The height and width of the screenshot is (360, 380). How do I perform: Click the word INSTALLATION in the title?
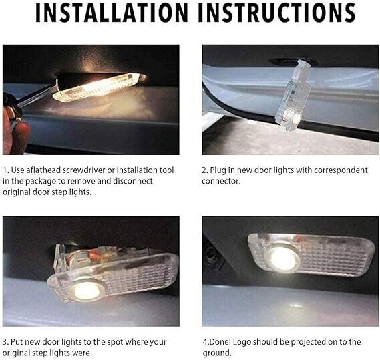tap(112, 13)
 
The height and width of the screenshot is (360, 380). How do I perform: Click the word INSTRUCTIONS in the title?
tap(277, 13)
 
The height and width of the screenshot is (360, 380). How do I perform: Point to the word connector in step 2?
tap(221, 181)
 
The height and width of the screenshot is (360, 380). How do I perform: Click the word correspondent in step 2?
tap(341, 170)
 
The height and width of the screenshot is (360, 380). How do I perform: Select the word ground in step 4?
tap(216, 353)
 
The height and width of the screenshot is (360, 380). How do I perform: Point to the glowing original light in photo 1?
tap(100, 87)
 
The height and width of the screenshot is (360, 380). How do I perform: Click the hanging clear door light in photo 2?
tap(293, 96)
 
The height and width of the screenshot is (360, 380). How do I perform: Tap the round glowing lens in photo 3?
tap(86, 291)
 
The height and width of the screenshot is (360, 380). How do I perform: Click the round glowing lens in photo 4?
tap(282, 258)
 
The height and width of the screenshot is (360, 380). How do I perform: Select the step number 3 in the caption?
tap(5, 342)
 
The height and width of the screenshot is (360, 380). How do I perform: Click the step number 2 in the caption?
tap(204, 170)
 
